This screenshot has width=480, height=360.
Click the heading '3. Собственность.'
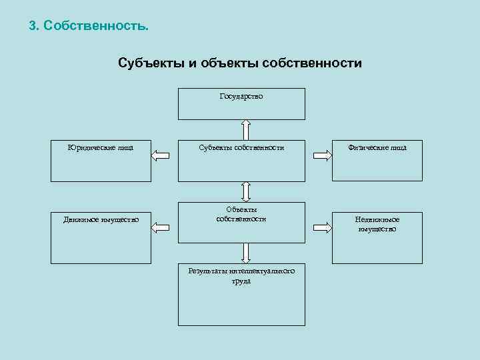click(89, 27)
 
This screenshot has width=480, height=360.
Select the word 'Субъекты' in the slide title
click(148, 63)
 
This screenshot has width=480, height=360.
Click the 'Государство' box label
click(241, 97)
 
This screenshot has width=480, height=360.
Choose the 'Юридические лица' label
click(101, 147)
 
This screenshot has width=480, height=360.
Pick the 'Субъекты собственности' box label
click(241, 147)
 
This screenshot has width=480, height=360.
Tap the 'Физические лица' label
click(377, 147)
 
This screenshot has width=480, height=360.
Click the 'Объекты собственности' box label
click(241, 214)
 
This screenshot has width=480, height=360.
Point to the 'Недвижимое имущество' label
click(377, 224)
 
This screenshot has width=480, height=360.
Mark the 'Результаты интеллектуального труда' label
click(241, 276)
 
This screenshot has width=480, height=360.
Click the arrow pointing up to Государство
click(245, 129)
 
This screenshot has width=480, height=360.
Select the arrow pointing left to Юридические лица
click(161, 156)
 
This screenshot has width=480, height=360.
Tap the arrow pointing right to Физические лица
click(322, 156)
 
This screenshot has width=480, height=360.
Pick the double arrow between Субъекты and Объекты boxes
click(245, 191)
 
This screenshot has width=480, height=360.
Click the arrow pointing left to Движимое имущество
click(161, 228)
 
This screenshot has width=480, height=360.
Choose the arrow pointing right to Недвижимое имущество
click(322, 228)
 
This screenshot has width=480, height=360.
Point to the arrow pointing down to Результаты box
click(245, 253)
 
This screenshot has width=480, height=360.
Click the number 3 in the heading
click(33, 27)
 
